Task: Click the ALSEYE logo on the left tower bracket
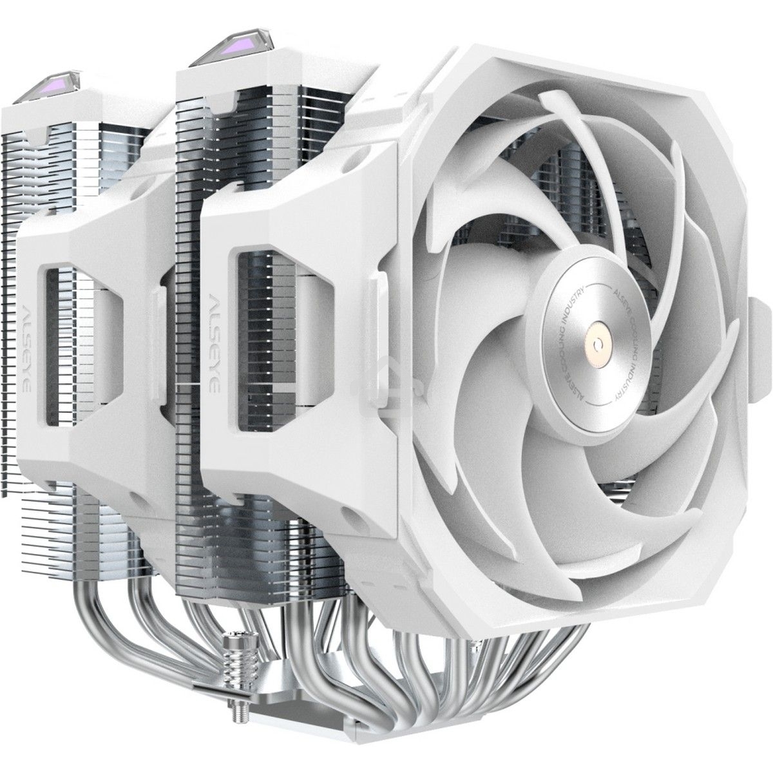click(x=26, y=331)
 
